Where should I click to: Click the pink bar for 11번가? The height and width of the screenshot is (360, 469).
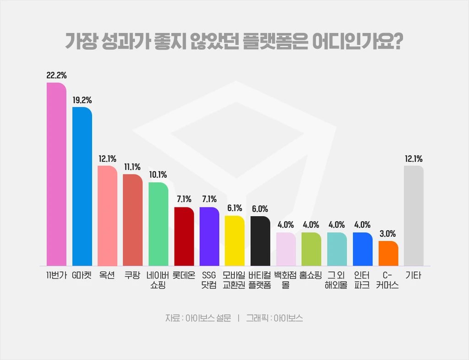tap(57, 174)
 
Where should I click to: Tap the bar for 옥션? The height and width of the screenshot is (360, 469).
tap(108, 215)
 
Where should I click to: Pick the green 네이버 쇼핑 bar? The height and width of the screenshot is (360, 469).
tap(158, 224)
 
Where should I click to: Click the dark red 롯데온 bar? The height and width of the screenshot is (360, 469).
tap(184, 236)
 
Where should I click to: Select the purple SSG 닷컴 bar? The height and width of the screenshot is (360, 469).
tap(209, 236)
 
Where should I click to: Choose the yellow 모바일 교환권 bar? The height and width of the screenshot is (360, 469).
tap(234, 240)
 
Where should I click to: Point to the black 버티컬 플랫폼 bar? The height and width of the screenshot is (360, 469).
tap(260, 241)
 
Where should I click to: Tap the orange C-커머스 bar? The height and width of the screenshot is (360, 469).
tap(388, 253)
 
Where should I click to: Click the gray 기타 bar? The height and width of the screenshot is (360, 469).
tap(414, 215)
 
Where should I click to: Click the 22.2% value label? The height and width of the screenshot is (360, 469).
tap(57, 75)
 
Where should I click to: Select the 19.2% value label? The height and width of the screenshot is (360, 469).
tap(82, 99)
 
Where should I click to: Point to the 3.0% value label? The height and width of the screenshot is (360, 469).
tap(388, 234)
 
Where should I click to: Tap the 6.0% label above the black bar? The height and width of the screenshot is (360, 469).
tap(260, 208)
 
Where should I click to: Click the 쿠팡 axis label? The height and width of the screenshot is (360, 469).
tap(133, 276)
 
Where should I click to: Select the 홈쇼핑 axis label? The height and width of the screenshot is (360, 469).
tap(311, 276)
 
